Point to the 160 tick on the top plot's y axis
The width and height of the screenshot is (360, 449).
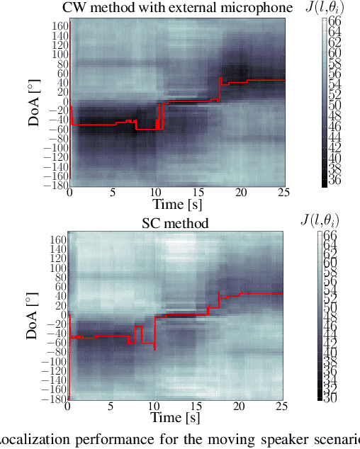[60, 25]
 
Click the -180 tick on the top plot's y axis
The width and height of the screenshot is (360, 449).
[56, 186]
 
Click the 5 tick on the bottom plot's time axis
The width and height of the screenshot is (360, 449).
[111, 407]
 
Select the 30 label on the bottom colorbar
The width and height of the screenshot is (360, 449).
[332, 397]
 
